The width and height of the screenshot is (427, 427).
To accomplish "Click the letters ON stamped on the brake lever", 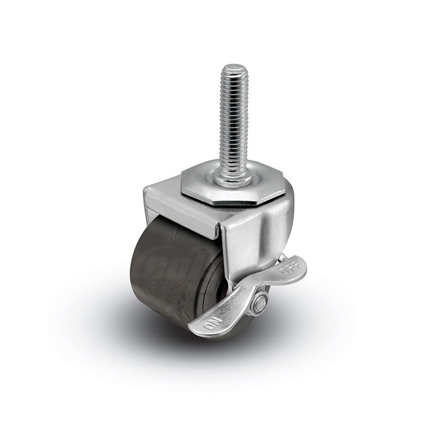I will pyautogui.click(x=210, y=324).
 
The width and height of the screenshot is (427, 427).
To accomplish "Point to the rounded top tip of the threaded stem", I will pyautogui.click(x=232, y=68).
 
